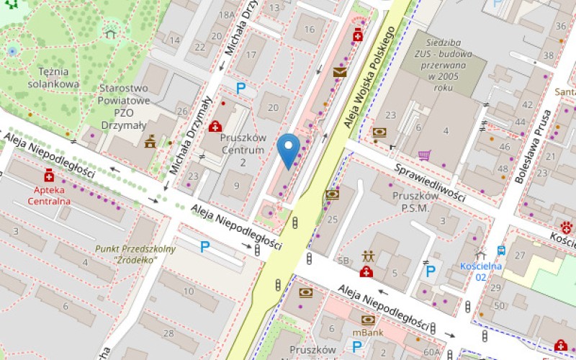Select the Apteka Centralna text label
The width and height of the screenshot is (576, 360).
pyautogui.click(x=49, y=195)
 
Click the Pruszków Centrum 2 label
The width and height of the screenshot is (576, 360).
pyautogui.click(x=243, y=149)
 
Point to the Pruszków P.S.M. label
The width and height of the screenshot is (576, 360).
pyautogui.click(x=410, y=202)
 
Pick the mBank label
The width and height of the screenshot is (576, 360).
pyautogui.click(x=367, y=333)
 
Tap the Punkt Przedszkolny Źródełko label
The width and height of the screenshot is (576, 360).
pyautogui.click(x=125, y=254)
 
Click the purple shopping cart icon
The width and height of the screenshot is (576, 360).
pyautogui.click(x=425, y=155)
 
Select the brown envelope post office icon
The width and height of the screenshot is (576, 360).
pyautogui.click(x=339, y=72)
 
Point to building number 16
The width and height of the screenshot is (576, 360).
pyautogui.click(x=310, y=30)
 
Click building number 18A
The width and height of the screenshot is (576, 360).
pyautogui.click(x=228, y=14)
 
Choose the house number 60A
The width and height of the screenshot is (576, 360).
pyautogui.click(x=431, y=352)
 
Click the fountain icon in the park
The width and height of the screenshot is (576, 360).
pyautogui.click(x=12, y=51)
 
